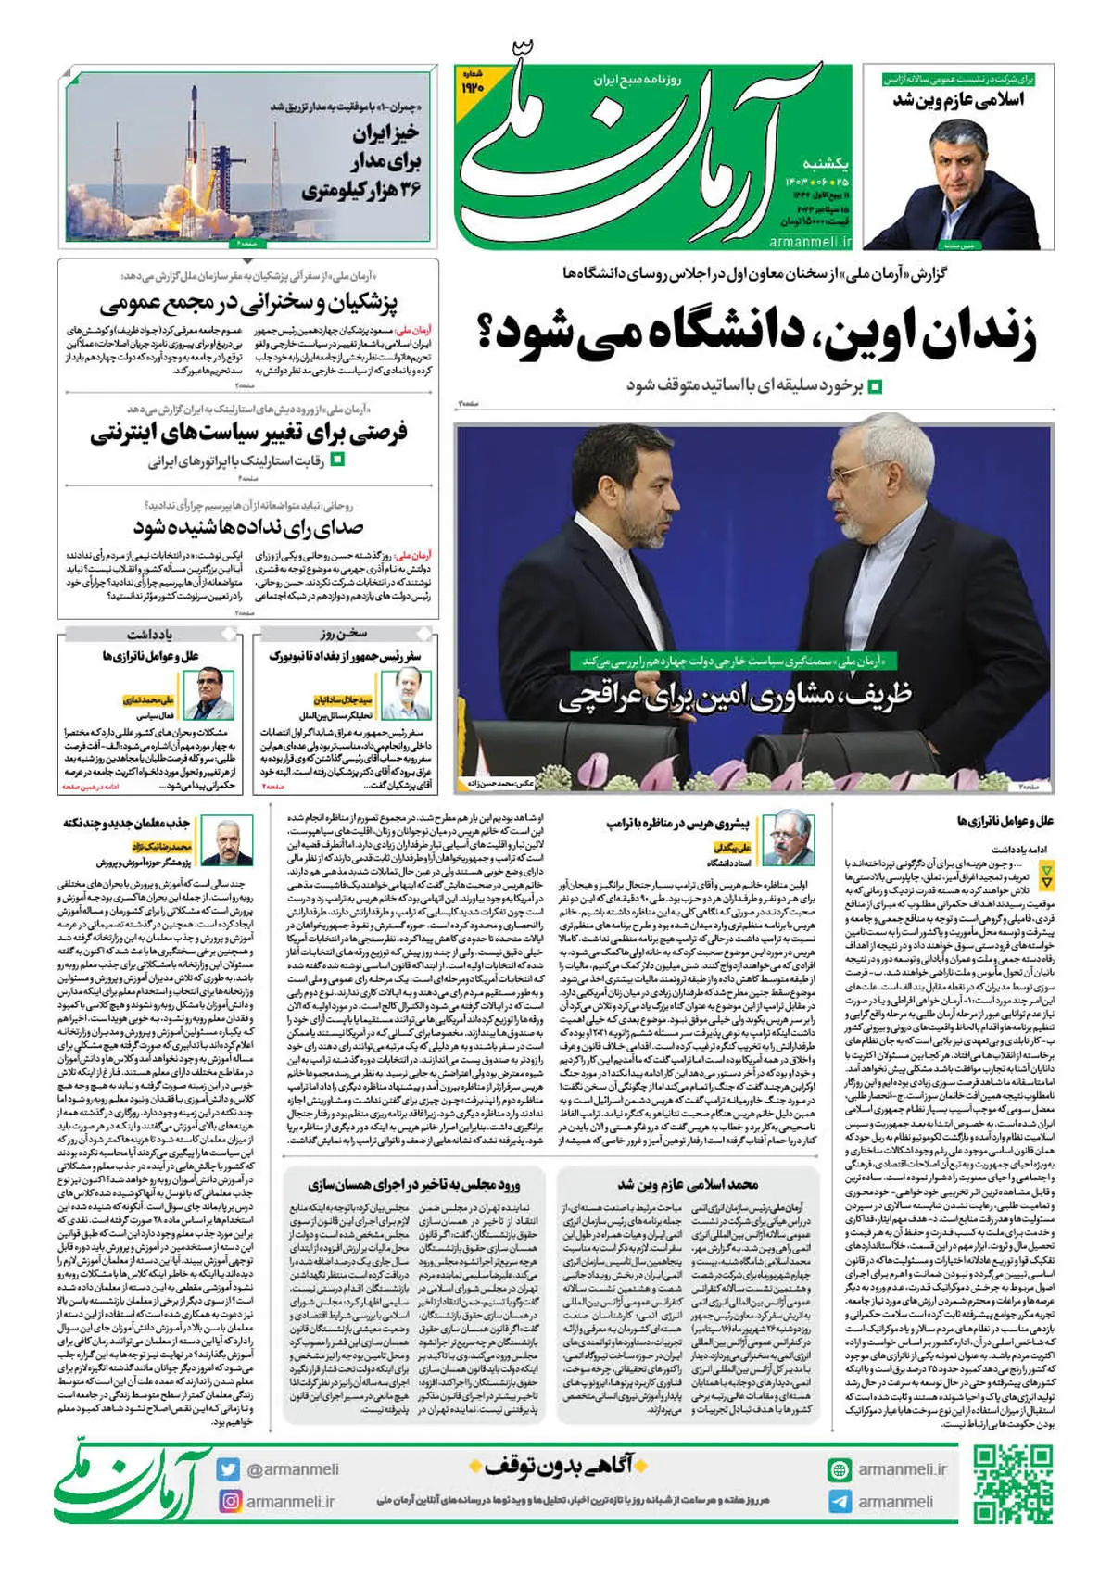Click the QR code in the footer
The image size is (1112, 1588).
click(1013, 1484)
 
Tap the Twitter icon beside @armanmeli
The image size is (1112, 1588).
click(228, 1469)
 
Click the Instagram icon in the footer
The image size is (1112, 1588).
click(228, 1501)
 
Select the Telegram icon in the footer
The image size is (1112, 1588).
click(840, 1501)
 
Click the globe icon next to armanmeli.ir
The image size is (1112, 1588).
click(840, 1469)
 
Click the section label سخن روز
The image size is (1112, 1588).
click(344, 634)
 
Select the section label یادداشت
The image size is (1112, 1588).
click(149, 634)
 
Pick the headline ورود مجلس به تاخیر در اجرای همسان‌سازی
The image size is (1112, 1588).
click(413, 1184)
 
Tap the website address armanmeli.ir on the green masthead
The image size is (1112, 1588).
click(809, 241)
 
